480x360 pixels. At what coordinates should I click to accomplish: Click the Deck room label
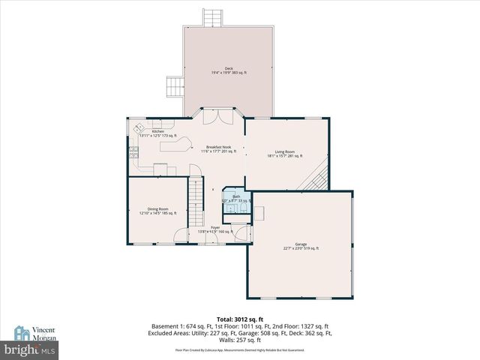click(228, 70)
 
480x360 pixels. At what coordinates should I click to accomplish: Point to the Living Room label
click(284, 154)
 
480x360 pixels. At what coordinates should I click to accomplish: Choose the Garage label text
click(301, 246)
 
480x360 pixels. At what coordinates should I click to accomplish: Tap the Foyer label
click(215, 229)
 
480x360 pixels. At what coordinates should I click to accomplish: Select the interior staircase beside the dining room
click(195, 201)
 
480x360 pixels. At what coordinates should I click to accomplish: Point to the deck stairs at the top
click(213, 17)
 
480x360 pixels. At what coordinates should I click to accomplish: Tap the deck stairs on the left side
click(175, 86)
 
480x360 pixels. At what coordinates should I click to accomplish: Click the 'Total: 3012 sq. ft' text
click(239, 319)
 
